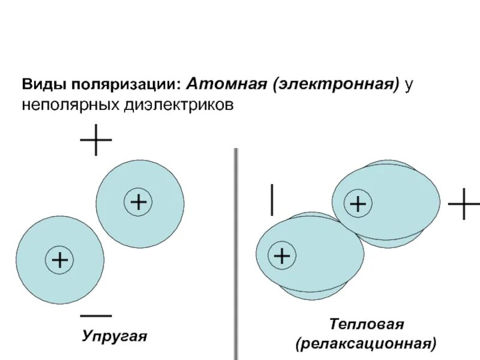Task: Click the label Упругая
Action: [x=115, y=335]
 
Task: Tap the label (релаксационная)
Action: [x=365, y=344]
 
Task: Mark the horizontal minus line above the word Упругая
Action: [x=95, y=315]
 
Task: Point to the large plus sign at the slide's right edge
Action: [x=464, y=204]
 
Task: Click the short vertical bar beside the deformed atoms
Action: [x=273, y=200]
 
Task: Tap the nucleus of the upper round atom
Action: [x=138, y=202]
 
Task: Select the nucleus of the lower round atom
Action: [x=59, y=260]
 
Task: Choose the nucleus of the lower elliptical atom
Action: [x=281, y=256]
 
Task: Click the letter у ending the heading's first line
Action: [x=409, y=85]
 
